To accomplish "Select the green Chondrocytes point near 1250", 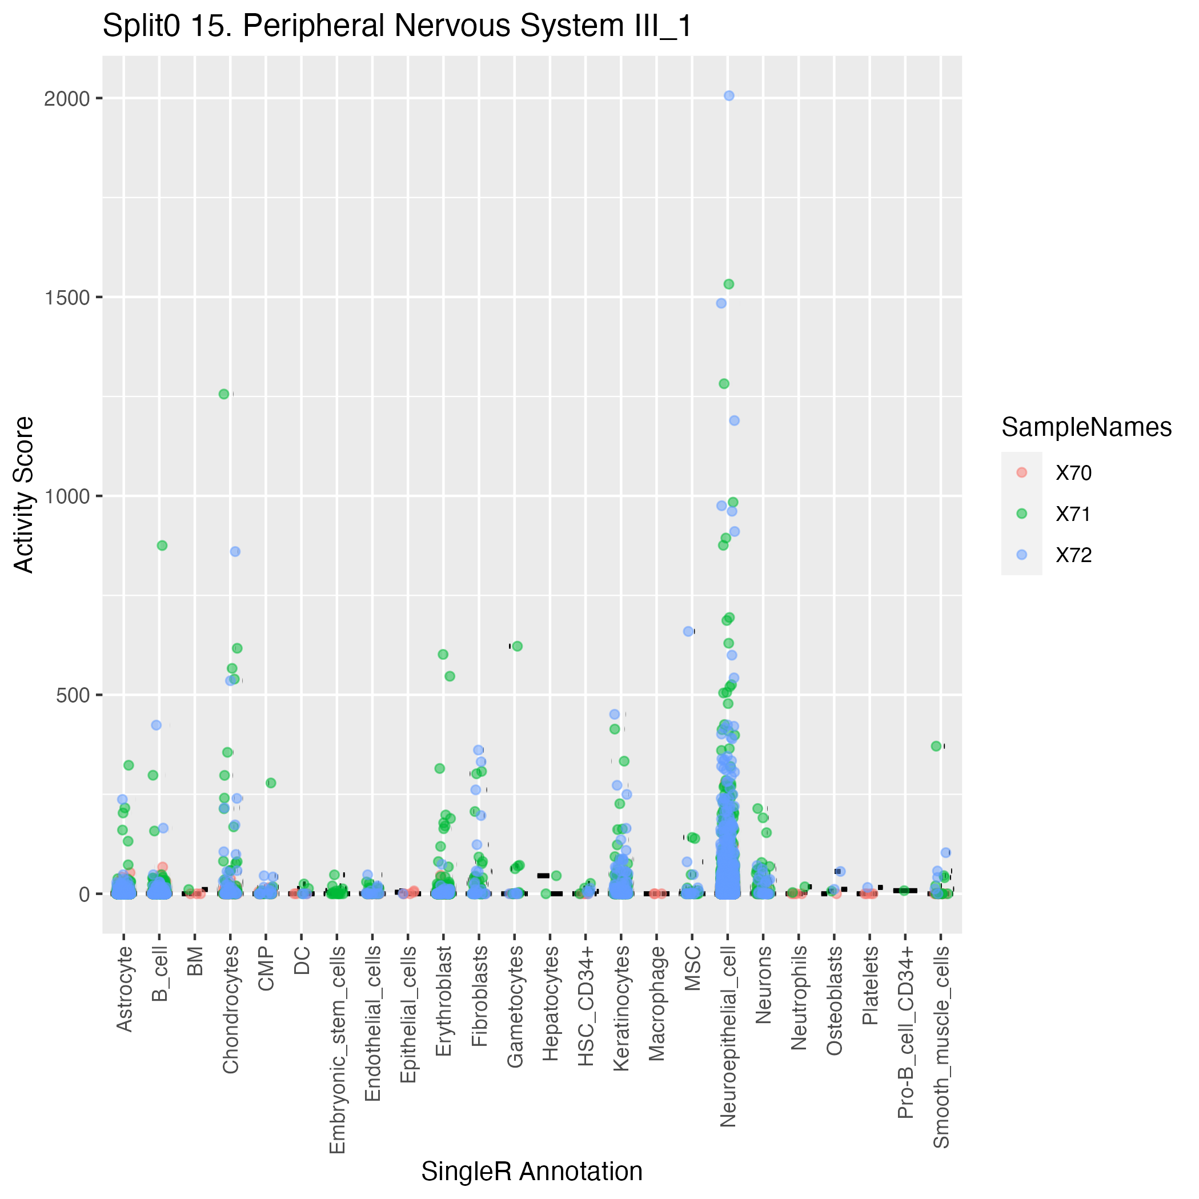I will (x=223, y=394).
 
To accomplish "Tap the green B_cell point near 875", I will (x=162, y=546).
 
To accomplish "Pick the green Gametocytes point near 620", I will (x=517, y=646).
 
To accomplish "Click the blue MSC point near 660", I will (x=688, y=631).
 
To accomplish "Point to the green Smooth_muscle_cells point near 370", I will (x=936, y=746).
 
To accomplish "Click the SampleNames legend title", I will (x=1086, y=428).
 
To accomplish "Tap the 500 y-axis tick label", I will (x=70, y=695).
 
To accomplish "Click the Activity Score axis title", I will (x=23, y=495).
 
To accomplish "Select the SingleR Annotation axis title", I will (x=532, y=1172).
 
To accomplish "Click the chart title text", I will (x=397, y=27).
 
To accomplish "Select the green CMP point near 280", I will (x=271, y=783).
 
